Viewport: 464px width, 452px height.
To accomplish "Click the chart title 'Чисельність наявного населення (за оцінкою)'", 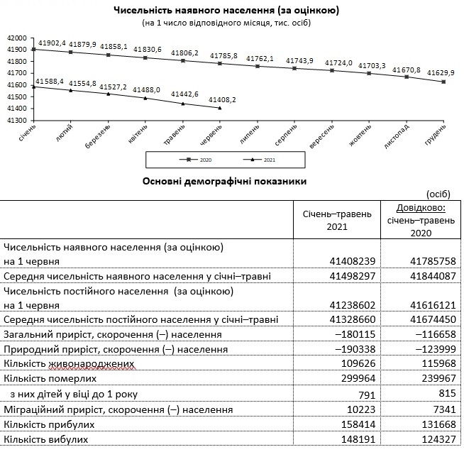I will tap(226, 11).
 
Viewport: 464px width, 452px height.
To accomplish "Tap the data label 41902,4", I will tap(52, 43).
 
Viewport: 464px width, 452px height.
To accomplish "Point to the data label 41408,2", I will tap(222, 100).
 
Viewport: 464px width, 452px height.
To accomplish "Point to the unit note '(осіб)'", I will tap(441, 194).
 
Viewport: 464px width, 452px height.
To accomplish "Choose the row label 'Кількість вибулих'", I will tap(45, 440).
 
